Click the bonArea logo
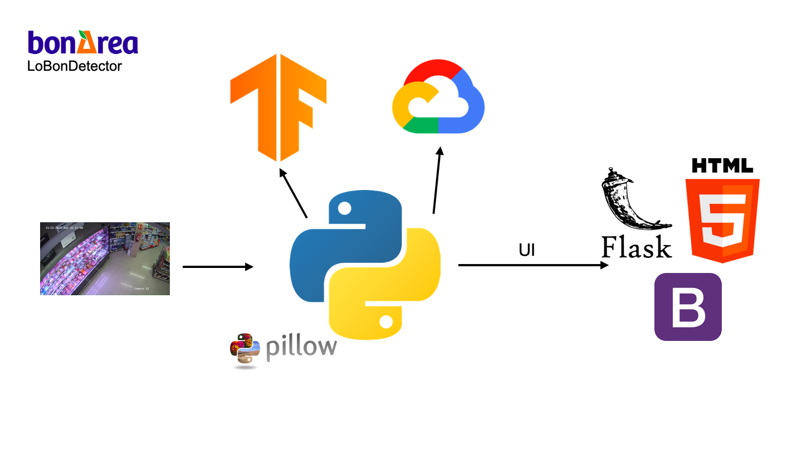(83, 43)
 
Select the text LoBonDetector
(75, 66)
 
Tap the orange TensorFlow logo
(278, 106)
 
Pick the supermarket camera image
(105, 258)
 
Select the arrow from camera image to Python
(218, 267)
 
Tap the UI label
(526, 251)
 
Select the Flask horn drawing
(629, 201)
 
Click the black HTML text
(722, 165)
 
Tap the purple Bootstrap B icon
(688, 307)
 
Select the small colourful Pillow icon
(245, 349)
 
